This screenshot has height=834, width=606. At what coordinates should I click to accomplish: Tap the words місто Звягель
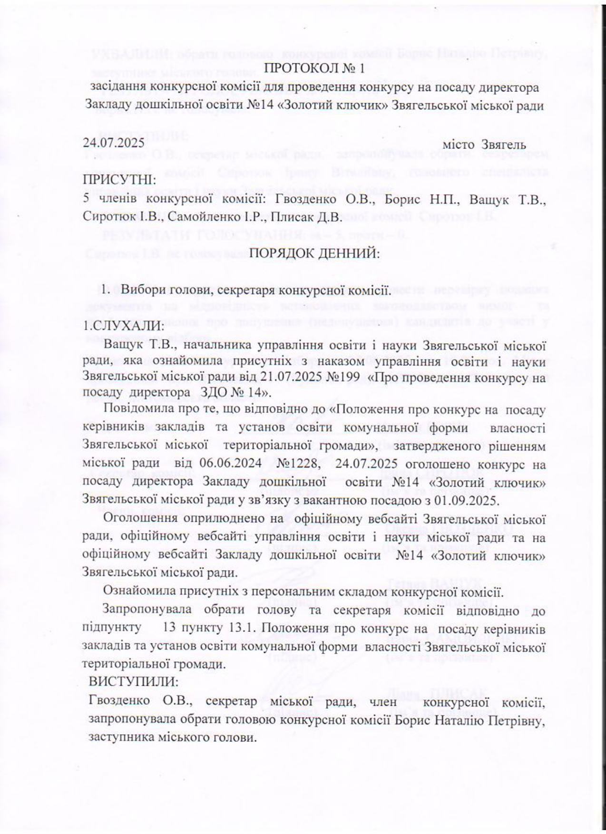(484, 144)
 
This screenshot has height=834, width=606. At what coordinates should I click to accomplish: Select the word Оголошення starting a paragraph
(140, 518)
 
